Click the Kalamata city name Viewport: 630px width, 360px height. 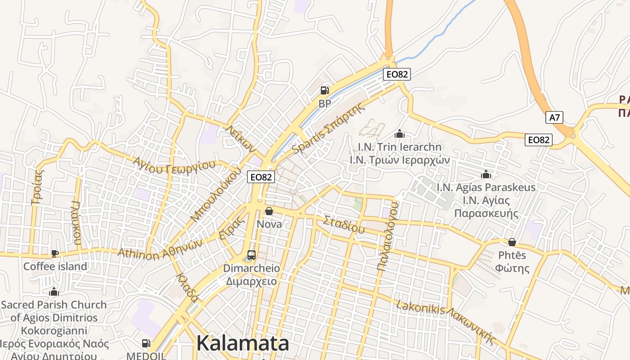pos(243,344)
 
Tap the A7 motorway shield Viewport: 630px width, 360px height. pos(555,118)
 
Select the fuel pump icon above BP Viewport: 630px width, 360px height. pos(324,90)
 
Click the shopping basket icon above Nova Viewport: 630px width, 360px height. pos(269,211)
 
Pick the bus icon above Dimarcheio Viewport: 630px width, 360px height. pos(252,255)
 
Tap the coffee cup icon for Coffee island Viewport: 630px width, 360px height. pos(55,253)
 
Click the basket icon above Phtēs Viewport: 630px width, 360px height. pos(512,242)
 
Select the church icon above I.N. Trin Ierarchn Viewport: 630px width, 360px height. pos(399,134)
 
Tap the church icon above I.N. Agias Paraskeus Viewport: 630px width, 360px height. pos(486,174)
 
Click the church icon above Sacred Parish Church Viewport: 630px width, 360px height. pos(54,292)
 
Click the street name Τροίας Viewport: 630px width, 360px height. pos(38,186)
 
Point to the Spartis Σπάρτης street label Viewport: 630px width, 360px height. pos(328,128)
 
